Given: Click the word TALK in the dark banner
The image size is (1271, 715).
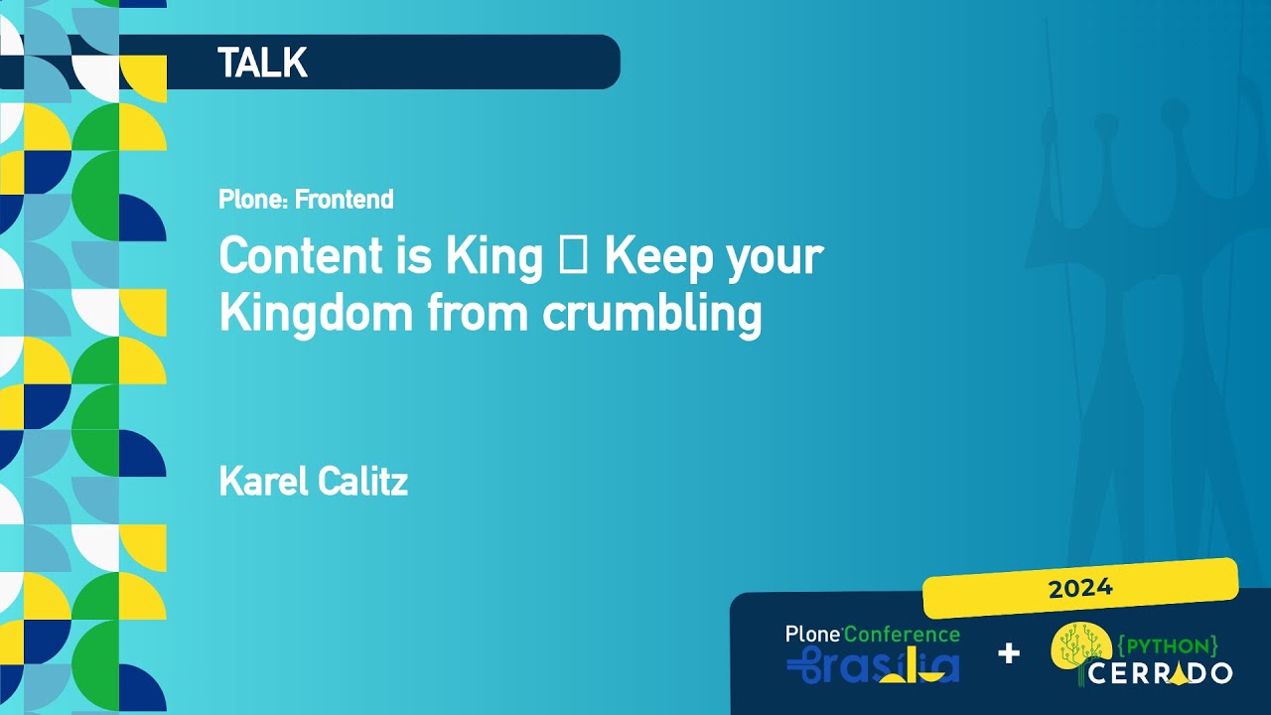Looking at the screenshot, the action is [263, 63].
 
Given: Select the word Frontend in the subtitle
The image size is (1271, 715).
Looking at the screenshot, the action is [344, 200].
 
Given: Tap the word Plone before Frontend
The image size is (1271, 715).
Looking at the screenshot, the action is [254, 200].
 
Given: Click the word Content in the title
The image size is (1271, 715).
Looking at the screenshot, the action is [301, 256].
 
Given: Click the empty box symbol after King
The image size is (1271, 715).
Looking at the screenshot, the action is [573, 255].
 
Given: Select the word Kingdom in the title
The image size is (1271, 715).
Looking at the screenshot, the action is [316, 315].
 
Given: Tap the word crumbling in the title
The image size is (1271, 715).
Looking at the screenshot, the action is [652, 315].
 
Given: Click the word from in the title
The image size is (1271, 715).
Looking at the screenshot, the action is [478, 312].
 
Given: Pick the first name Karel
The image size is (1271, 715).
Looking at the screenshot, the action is [264, 482].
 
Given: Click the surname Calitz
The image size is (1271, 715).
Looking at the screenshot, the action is [362, 482].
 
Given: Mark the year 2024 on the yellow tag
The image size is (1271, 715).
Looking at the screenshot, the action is [1080, 589].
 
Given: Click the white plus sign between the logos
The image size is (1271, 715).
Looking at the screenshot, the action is [1008, 653].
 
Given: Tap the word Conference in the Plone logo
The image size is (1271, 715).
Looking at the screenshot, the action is [903, 635].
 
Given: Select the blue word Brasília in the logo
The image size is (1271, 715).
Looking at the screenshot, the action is [873, 665].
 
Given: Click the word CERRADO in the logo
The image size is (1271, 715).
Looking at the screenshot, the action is [1160, 673].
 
